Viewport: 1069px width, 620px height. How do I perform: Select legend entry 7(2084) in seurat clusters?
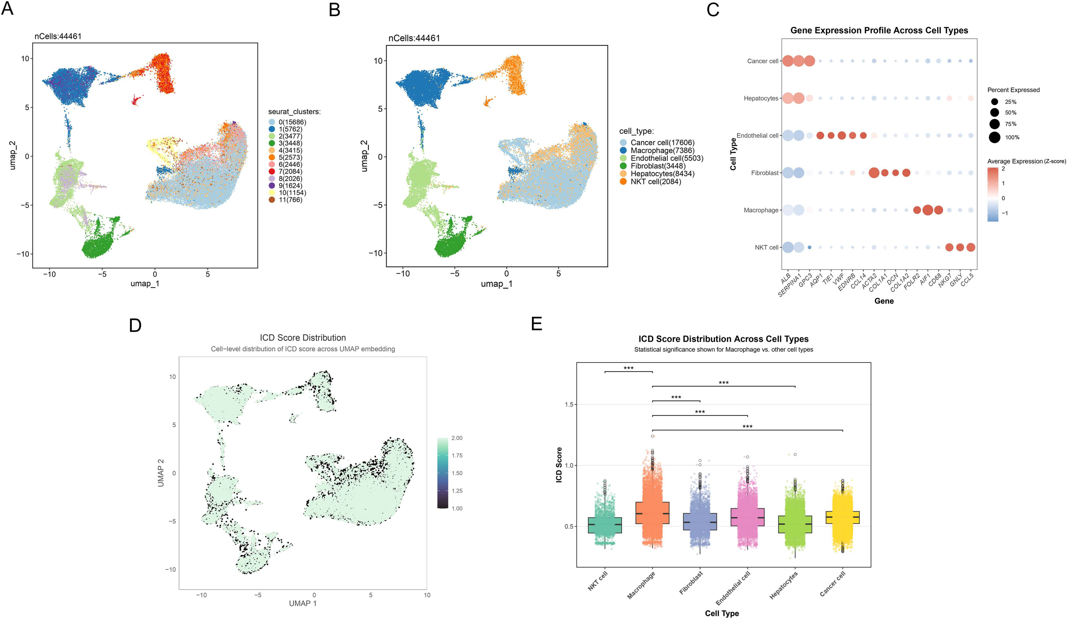click(290, 171)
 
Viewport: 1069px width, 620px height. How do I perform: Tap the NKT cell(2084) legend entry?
click(655, 181)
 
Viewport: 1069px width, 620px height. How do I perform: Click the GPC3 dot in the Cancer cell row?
click(809, 61)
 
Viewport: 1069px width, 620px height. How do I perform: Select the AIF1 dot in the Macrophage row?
click(927, 210)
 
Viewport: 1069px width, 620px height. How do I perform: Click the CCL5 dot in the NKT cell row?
click(971, 247)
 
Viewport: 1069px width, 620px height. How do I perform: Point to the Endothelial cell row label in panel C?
click(757, 136)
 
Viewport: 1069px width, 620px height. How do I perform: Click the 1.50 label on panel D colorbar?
click(457, 473)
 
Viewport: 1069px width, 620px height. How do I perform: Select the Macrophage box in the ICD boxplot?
click(652, 513)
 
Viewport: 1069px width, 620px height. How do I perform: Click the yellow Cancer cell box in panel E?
click(843, 517)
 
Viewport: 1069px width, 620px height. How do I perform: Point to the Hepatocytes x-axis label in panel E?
click(784, 585)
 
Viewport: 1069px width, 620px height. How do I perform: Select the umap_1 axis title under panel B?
click(496, 284)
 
